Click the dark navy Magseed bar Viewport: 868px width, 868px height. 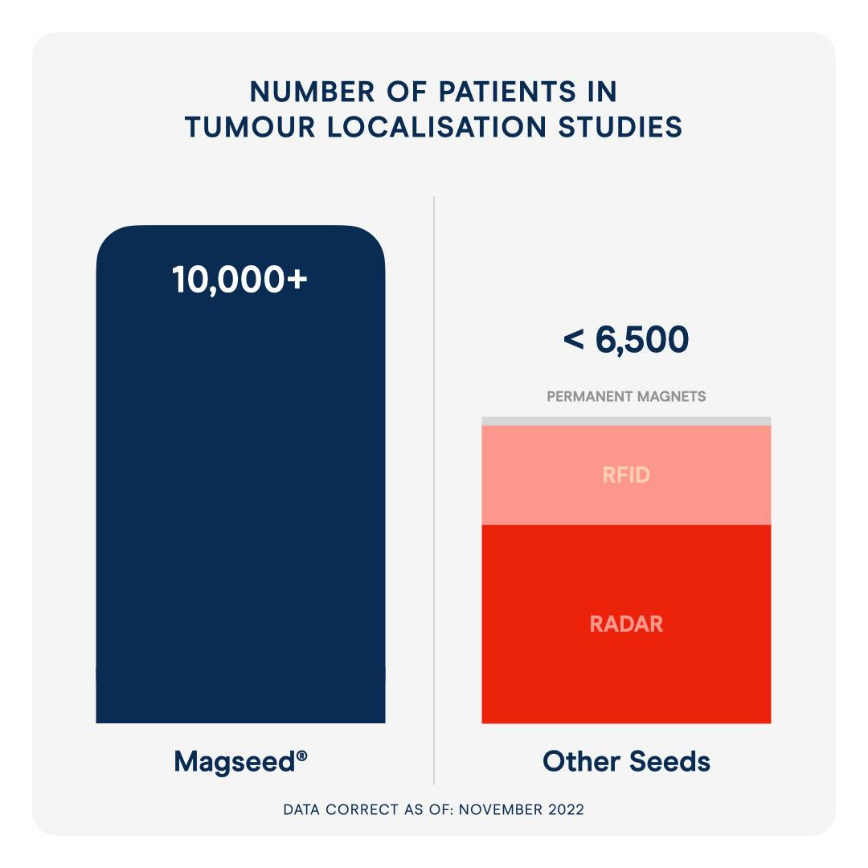(x=241, y=474)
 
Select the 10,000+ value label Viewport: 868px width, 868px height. (x=240, y=280)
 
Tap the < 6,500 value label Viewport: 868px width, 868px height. (x=626, y=339)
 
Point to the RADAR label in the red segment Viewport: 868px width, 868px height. (x=626, y=624)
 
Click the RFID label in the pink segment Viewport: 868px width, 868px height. (x=626, y=475)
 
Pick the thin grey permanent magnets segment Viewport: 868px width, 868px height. (x=626, y=421)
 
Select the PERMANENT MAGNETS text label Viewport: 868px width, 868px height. (x=626, y=396)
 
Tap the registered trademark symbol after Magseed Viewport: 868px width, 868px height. (x=302, y=755)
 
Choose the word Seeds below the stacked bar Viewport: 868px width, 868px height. (x=669, y=761)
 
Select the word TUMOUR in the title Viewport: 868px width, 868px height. (x=250, y=127)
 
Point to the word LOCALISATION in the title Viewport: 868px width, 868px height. (x=436, y=127)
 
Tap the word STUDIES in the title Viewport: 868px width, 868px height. (x=620, y=127)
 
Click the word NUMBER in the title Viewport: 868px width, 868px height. (x=312, y=92)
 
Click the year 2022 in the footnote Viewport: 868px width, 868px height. (x=567, y=809)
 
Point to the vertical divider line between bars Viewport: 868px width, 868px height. (x=434, y=490)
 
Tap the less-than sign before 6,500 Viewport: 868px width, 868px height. (x=574, y=339)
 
